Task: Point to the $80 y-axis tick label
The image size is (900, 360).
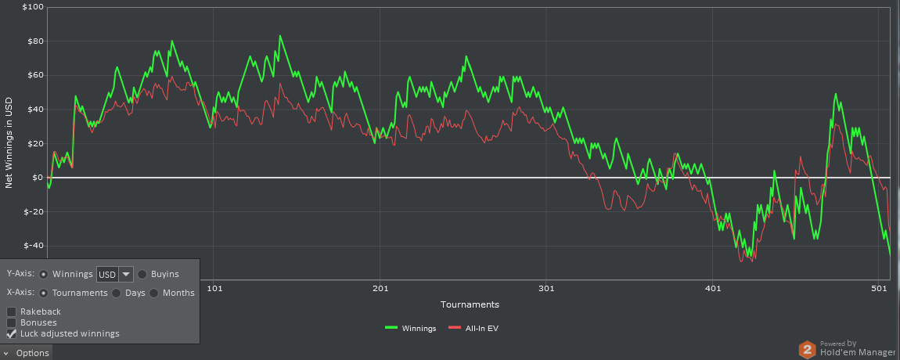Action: pyautogui.click(x=34, y=41)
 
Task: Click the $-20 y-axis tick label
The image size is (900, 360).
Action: pyautogui.click(x=34, y=212)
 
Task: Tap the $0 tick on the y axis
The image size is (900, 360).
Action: pyautogui.click(x=38, y=178)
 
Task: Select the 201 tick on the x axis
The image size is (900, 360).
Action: pyautogui.click(x=380, y=289)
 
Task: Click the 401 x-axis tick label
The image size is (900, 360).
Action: pyautogui.click(x=713, y=289)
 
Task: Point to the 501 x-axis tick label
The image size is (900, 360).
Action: pyautogui.click(x=879, y=289)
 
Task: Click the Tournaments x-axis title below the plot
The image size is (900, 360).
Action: pyautogui.click(x=470, y=304)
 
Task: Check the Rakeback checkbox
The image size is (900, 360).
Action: pyautogui.click(x=12, y=311)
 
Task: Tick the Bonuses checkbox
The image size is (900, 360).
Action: pyautogui.click(x=12, y=322)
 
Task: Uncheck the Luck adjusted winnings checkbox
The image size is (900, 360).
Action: pyautogui.click(x=12, y=333)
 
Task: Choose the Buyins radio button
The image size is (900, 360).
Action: pyautogui.click(x=142, y=274)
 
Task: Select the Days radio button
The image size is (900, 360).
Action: pyautogui.click(x=117, y=293)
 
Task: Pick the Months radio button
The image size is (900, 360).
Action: pyautogui.click(x=154, y=293)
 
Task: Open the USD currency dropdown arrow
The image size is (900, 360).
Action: pyautogui.click(x=124, y=274)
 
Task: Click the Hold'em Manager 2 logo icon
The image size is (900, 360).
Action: pyautogui.click(x=807, y=349)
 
